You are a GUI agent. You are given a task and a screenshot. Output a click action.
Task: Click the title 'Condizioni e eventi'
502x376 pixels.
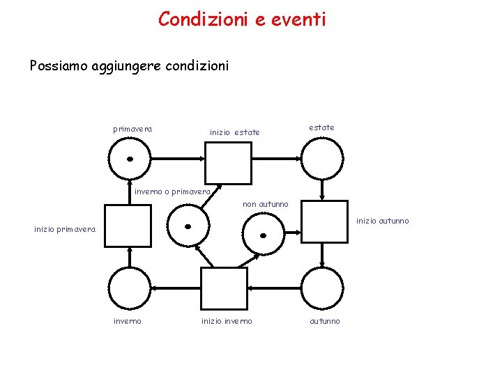point(242,19)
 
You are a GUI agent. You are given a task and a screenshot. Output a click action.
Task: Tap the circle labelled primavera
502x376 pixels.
point(130,159)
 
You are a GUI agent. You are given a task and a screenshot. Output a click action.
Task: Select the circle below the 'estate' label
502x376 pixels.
point(321,159)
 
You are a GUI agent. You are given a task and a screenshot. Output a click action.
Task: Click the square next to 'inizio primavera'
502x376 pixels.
point(128,226)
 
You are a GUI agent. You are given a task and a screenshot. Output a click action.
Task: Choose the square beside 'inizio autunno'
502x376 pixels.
point(324,222)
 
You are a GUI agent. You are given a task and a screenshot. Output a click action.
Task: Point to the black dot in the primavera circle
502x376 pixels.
point(130,159)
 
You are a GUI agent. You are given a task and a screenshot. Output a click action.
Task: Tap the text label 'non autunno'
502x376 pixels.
point(265,204)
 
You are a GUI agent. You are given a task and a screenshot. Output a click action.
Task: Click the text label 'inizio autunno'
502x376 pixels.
point(383,221)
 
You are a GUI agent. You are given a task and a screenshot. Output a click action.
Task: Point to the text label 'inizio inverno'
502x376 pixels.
point(227,321)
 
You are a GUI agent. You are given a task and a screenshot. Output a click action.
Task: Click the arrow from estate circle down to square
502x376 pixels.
point(321,190)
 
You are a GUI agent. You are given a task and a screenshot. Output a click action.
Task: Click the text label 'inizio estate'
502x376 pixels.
point(234,132)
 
